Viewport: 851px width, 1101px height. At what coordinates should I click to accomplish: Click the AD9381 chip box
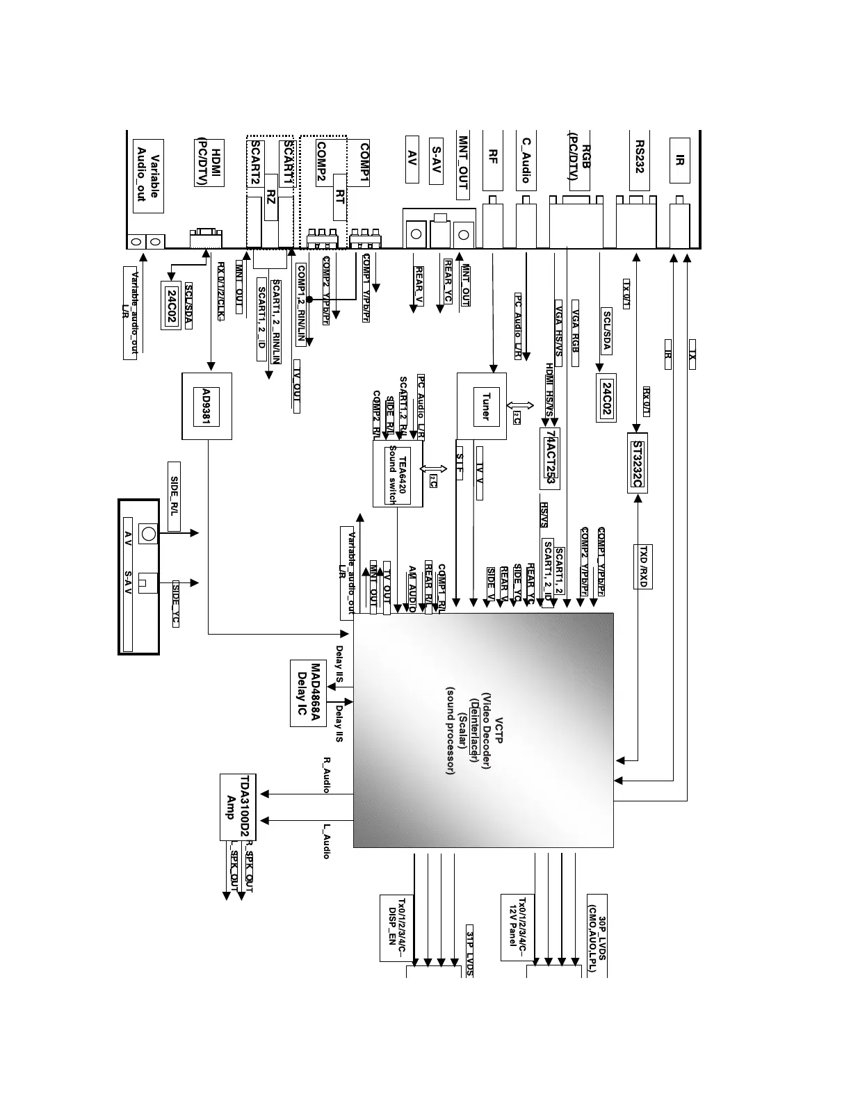point(206,406)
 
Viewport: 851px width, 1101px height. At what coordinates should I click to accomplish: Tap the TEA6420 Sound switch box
point(398,474)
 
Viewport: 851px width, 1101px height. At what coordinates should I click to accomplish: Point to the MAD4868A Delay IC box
point(308,693)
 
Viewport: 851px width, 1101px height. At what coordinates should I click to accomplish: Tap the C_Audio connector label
point(526,161)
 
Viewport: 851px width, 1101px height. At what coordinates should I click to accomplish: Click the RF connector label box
point(492,161)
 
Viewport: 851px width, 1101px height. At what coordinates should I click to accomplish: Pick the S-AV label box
point(435,161)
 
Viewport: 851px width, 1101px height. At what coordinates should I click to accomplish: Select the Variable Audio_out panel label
point(147,177)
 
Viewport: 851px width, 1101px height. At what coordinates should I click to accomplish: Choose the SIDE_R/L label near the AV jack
point(175,496)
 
